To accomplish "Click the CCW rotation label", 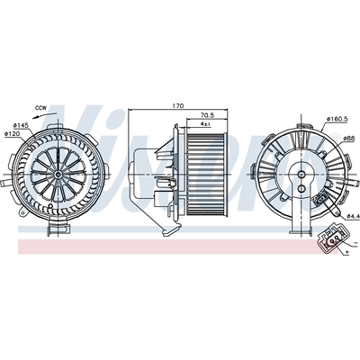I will click(40, 108).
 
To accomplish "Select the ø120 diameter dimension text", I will click(13, 134).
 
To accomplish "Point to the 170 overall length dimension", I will click(178, 107).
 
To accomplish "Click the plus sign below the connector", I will click(345, 256).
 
